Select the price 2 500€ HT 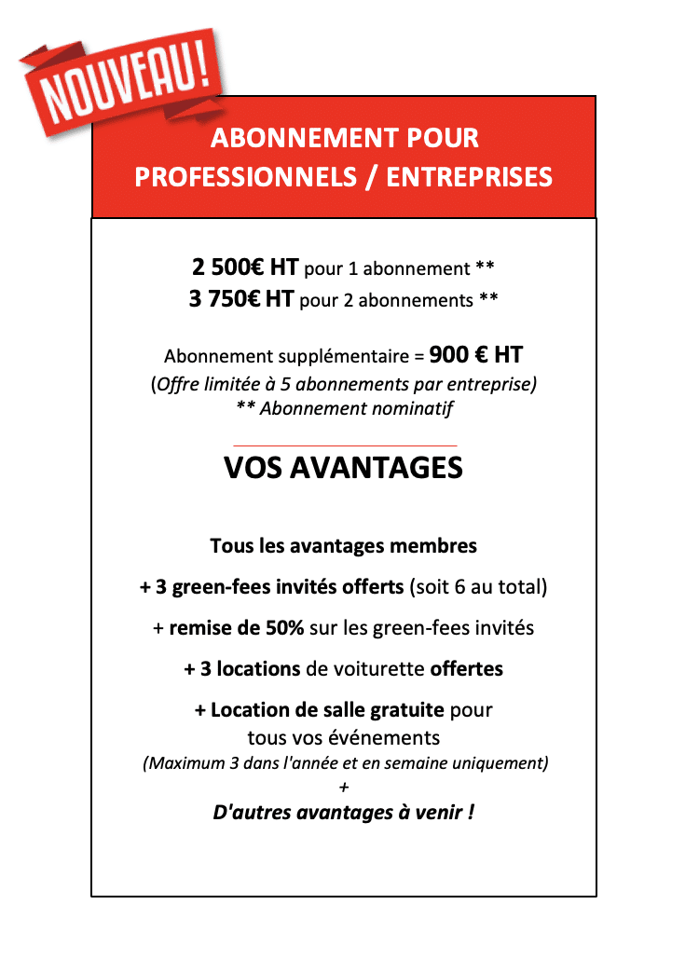[245, 268]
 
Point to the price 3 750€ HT [241, 300]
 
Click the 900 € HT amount [475, 355]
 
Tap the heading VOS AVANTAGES [343, 468]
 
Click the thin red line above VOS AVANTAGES [344, 446]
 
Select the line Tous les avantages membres [343, 546]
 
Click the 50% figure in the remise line [284, 628]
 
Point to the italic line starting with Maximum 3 [344, 764]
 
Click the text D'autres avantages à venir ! [343, 813]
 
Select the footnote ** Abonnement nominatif [344, 408]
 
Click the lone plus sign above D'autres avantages [344, 788]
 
